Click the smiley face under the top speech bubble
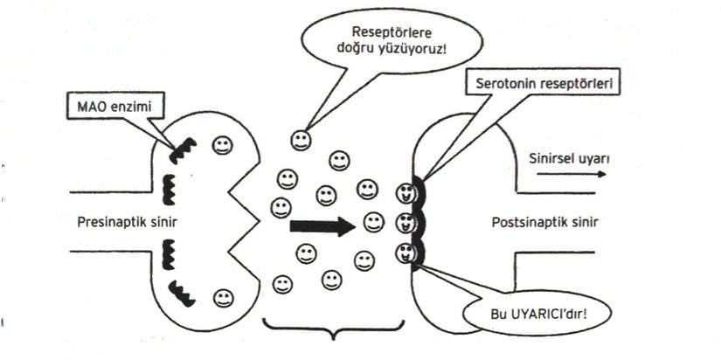point(301,140)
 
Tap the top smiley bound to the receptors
point(404,193)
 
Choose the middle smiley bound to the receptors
point(404,222)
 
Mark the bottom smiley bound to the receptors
point(404,253)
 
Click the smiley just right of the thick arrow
point(374,223)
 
